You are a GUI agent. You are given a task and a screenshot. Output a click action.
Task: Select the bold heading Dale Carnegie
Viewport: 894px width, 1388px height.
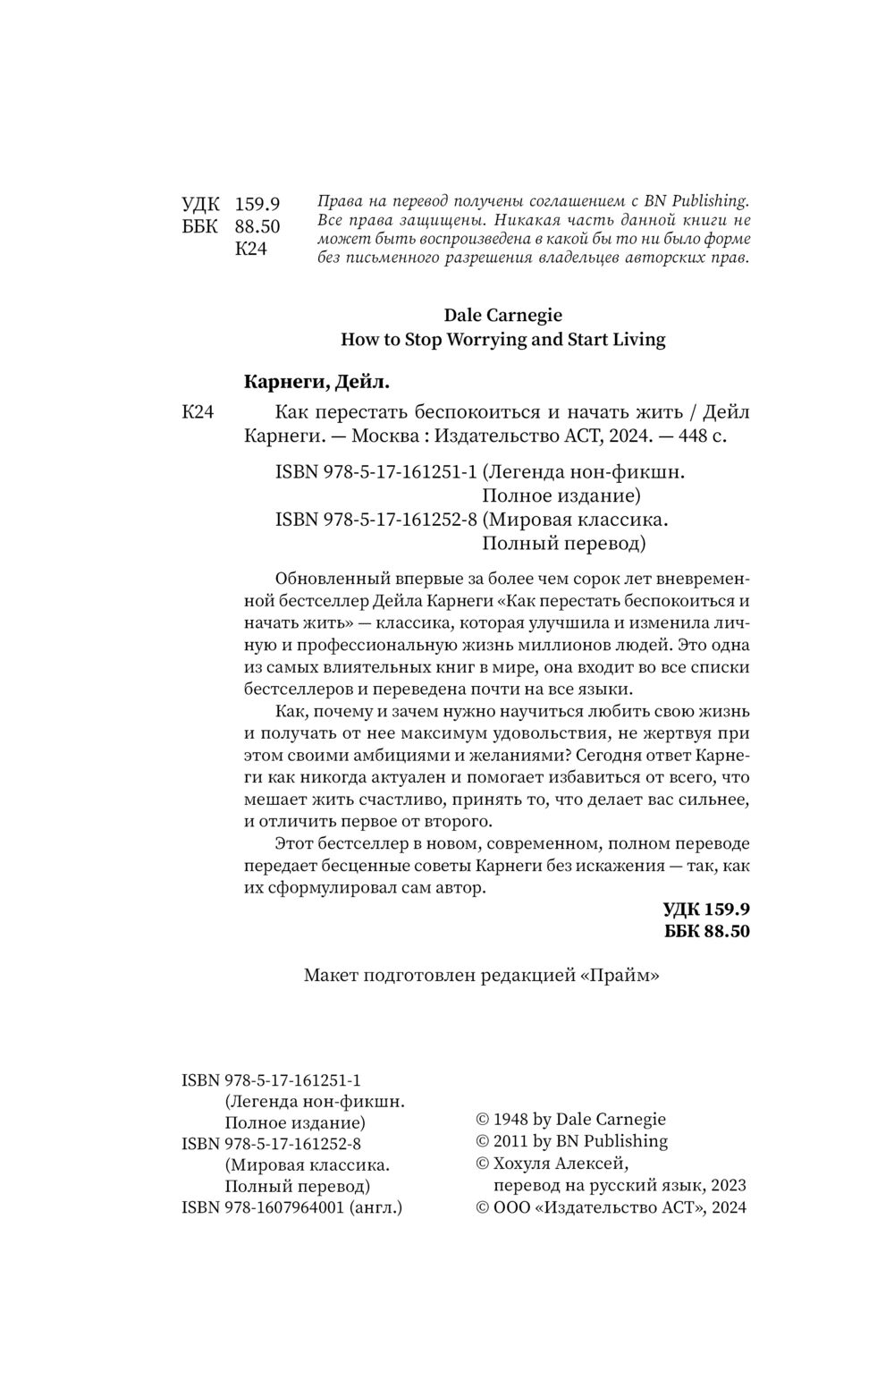coord(503,315)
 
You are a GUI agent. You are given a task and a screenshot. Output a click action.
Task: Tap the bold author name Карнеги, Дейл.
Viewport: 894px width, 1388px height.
coord(317,383)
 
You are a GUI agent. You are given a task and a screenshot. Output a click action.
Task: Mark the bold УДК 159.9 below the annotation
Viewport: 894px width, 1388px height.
coord(706,910)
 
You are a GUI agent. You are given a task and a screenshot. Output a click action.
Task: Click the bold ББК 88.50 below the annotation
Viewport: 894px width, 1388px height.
coord(707,931)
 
